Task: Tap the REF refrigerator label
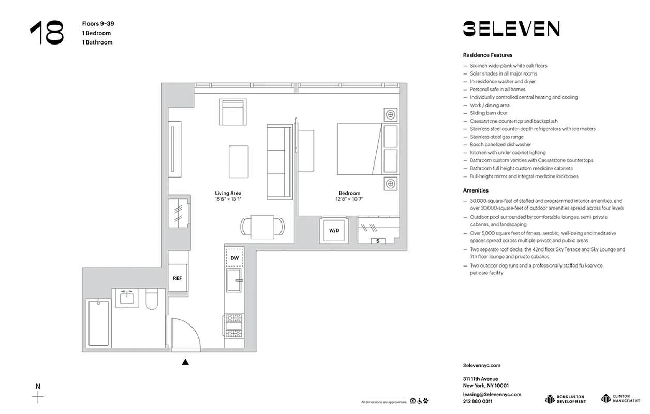pos(177,278)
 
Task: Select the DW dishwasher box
pos(234,257)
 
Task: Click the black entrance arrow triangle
pos(185,362)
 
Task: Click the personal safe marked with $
pos(378,241)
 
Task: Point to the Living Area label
pos(228,194)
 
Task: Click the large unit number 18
pos(47,33)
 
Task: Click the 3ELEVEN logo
pos(511,28)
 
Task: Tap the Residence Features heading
pos(488,55)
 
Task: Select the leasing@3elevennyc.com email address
pos(492,394)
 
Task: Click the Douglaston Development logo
pos(566,398)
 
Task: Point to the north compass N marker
pos(38,386)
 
